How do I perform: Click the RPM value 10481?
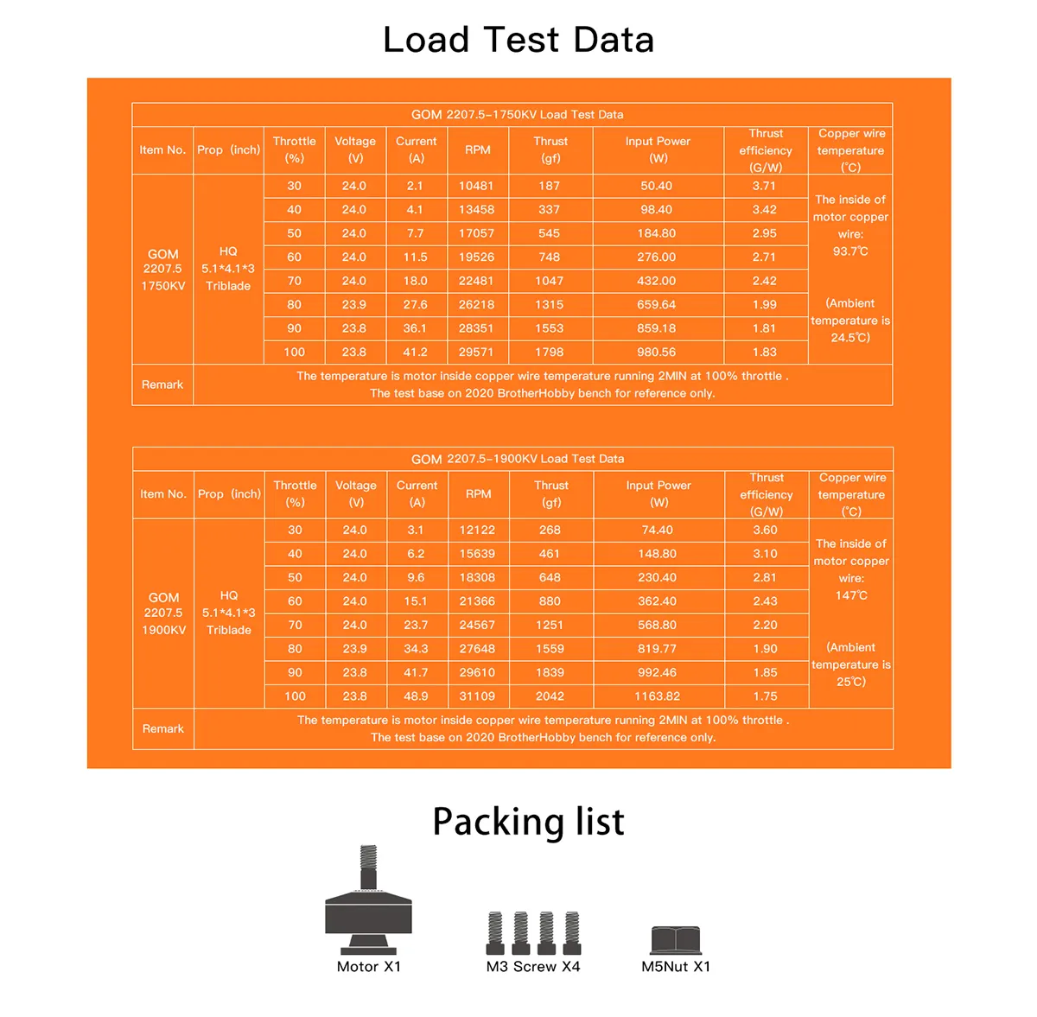tap(475, 186)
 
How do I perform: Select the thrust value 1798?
tap(549, 352)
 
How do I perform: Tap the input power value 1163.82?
tap(657, 696)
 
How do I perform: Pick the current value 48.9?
tap(416, 696)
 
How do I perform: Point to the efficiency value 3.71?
tap(764, 186)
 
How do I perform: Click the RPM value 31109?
tap(477, 696)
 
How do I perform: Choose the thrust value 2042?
tap(550, 696)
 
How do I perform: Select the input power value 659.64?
tap(656, 304)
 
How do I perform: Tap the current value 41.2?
tap(415, 352)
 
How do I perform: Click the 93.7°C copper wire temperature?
tap(850, 251)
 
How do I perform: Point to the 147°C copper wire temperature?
tap(851, 595)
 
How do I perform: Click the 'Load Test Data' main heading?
tap(518, 40)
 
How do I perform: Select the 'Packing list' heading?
tap(528, 822)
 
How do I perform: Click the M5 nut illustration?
tap(676, 939)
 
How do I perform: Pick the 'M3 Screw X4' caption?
tap(533, 966)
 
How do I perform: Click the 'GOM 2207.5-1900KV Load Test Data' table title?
tap(517, 459)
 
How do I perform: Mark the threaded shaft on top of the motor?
tap(368, 867)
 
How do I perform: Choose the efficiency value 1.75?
tap(765, 696)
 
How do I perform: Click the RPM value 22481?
tap(476, 281)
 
